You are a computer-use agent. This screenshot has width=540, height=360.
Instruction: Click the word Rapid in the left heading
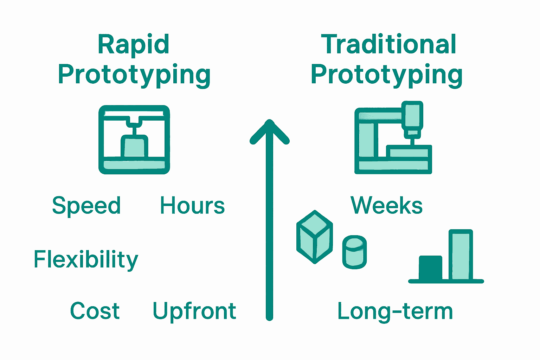pyautogui.click(x=134, y=45)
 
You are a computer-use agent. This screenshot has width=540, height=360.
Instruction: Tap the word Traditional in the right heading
pyautogui.click(x=388, y=45)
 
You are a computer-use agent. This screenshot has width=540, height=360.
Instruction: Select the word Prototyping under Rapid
pyautogui.click(x=134, y=75)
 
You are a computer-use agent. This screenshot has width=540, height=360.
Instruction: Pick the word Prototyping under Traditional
pyautogui.click(x=386, y=75)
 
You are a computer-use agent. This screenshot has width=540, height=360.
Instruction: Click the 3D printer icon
pyautogui.click(x=134, y=140)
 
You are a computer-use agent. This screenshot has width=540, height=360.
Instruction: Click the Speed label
pyautogui.click(x=86, y=206)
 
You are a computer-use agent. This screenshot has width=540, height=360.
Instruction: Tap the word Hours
pyautogui.click(x=192, y=206)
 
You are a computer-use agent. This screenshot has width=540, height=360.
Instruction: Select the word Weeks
pyautogui.click(x=386, y=205)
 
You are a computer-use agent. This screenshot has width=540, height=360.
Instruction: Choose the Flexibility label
pyautogui.click(x=86, y=260)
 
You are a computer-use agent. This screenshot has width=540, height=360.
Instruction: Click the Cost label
pyautogui.click(x=95, y=311)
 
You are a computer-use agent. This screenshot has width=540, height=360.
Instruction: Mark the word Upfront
pyautogui.click(x=194, y=311)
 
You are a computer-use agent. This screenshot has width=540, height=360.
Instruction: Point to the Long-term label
pyautogui.click(x=395, y=311)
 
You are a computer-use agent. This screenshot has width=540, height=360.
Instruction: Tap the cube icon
pyautogui.click(x=315, y=237)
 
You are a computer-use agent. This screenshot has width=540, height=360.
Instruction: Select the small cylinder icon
pyautogui.click(x=354, y=252)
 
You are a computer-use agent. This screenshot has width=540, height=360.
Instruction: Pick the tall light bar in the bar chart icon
pyautogui.click(x=461, y=255)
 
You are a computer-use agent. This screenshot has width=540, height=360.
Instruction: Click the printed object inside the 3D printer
pyautogui.click(x=135, y=146)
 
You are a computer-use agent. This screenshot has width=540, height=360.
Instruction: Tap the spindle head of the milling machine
pyautogui.click(x=412, y=118)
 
